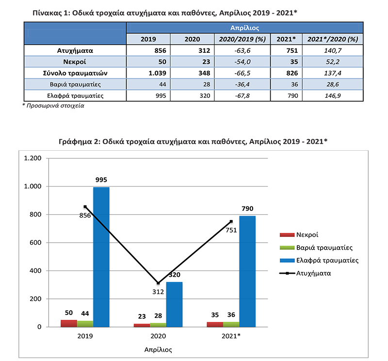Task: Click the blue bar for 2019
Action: click(101, 257)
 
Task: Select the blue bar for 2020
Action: click(174, 304)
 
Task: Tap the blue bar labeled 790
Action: click(247, 271)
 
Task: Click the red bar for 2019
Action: click(69, 323)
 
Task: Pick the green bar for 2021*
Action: click(231, 324)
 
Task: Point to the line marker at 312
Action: click(158, 283)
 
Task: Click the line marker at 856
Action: click(85, 207)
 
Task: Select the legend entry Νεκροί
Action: click(299, 235)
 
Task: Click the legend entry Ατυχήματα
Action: click(305, 273)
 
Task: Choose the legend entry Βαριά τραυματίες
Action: click(316, 248)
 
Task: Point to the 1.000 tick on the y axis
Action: click(32, 186)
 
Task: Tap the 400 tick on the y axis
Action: click(35, 270)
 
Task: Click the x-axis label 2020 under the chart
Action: click(158, 336)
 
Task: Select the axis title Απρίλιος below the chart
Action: click(158, 350)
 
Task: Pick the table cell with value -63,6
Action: click(242, 51)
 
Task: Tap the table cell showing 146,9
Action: click(333, 95)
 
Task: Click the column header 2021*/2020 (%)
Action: click(333, 39)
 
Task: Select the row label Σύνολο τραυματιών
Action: click(75, 73)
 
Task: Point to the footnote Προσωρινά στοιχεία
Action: click(55, 106)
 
